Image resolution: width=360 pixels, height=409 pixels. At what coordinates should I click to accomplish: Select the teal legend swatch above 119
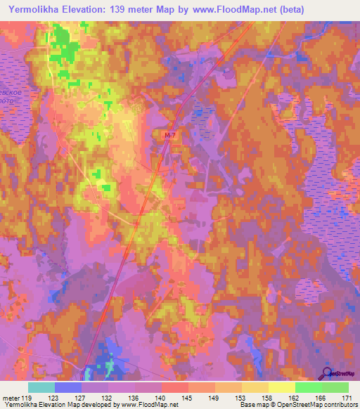[41, 387]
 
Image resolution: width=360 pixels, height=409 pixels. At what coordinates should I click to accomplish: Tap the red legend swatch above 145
[175, 387]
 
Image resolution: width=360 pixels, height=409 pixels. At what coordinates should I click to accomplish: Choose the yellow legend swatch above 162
[282, 387]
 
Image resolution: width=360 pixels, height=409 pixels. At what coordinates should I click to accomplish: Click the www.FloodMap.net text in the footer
[149, 405]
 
